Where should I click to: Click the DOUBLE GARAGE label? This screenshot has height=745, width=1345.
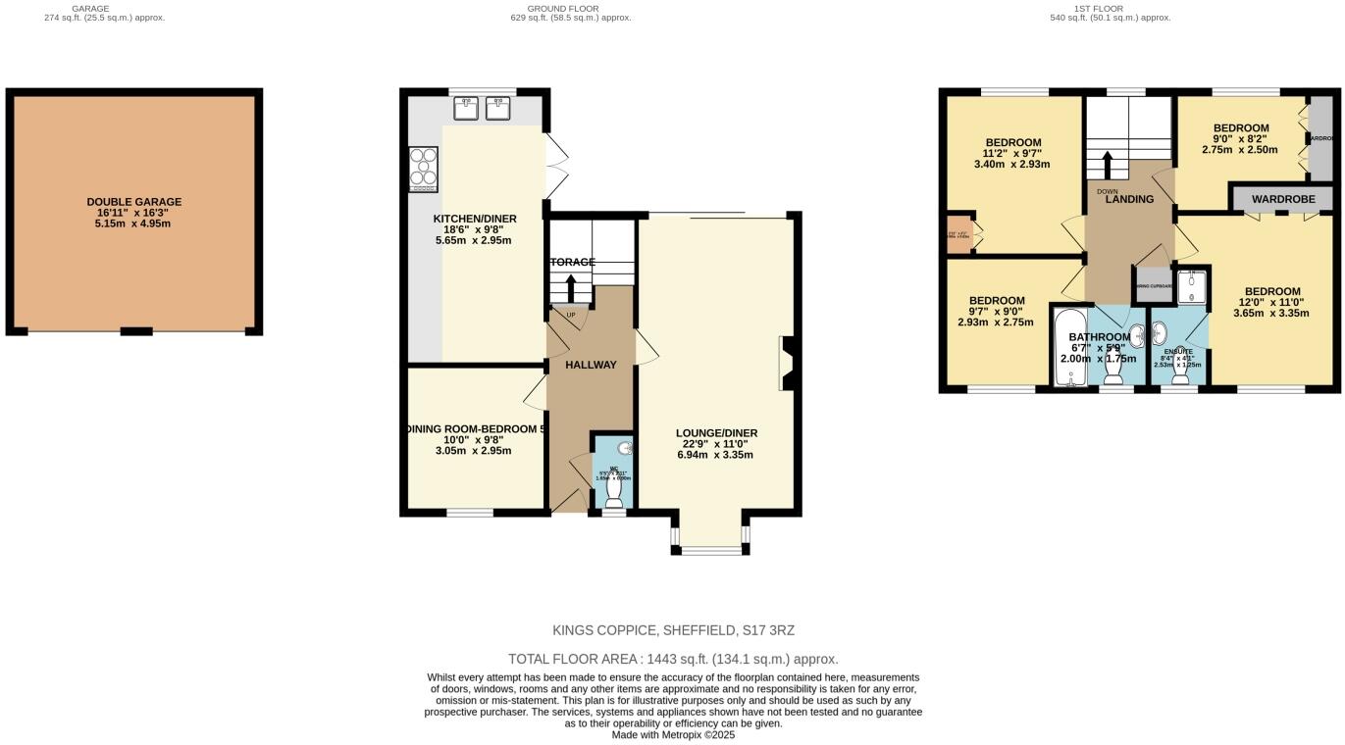pos(133,202)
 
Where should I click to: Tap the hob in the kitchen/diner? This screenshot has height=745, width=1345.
pos(423,169)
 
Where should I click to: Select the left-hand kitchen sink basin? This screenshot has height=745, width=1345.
pos(468,107)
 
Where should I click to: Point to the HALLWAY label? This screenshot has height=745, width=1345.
pos(591,365)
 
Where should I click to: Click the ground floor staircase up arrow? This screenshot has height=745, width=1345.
pos(571,286)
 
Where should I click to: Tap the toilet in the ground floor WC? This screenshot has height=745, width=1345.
pos(615,485)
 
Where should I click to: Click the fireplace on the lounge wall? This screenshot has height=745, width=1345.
pos(787,364)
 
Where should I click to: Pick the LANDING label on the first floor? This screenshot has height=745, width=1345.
pos(1128,200)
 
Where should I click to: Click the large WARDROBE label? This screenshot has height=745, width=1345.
pos(1282,199)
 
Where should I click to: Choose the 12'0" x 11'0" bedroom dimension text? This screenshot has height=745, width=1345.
pos(1272,303)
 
